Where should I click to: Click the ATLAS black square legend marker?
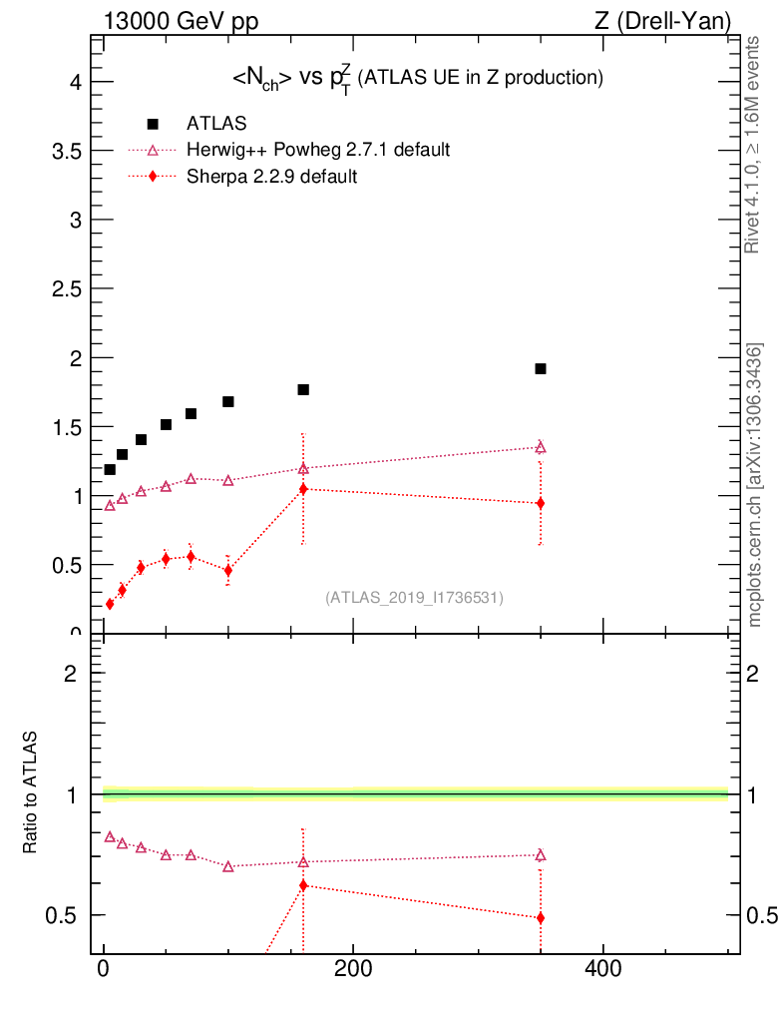coord(153,124)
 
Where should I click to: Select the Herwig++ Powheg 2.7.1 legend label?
coord(318,150)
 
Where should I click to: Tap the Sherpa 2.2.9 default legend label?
coord(272,177)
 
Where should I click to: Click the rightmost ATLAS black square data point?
coord(541,368)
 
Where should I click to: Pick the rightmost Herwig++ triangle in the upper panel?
coord(541,447)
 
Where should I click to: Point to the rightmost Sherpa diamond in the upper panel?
coord(541,503)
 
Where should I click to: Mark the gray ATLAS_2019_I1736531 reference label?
coord(414,598)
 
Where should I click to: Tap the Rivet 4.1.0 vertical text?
coord(754,145)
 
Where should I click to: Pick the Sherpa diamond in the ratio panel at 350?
coord(541,917)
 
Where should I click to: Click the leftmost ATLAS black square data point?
coord(110,469)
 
